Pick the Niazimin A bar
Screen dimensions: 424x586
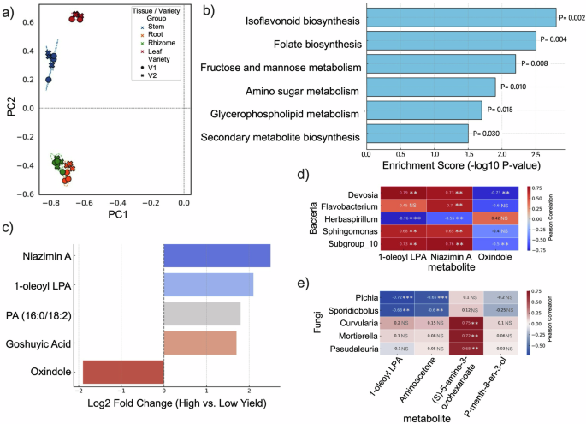[x=216, y=255]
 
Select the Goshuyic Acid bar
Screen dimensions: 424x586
[x=199, y=343]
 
